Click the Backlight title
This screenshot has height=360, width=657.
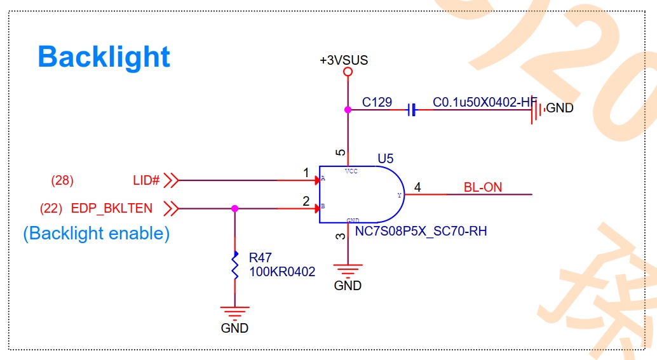click(104, 57)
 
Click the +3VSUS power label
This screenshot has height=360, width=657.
click(344, 60)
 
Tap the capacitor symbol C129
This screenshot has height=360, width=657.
click(411, 110)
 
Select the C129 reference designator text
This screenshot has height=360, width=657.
click(377, 102)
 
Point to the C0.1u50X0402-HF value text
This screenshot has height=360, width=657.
click(485, 102)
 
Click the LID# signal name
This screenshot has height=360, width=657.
click(146, 180)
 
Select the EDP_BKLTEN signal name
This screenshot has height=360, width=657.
click(112, 208)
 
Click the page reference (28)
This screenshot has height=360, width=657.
click(62, 180)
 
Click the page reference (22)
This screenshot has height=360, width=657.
click(50, 208)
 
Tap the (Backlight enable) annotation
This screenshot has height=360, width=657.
click(97, 233)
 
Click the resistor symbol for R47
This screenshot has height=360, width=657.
click(235, 267)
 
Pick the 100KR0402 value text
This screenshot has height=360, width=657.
click(282, 272)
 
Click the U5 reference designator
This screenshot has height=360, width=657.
click(385, 157)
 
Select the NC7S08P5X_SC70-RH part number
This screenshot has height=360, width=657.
click(421, 231)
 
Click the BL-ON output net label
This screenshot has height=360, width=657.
click(483, 187)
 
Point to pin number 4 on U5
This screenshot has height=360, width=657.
click(417, 187)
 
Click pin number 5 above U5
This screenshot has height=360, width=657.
click(341, 153)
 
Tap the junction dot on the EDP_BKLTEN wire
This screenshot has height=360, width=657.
click(235, 208)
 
